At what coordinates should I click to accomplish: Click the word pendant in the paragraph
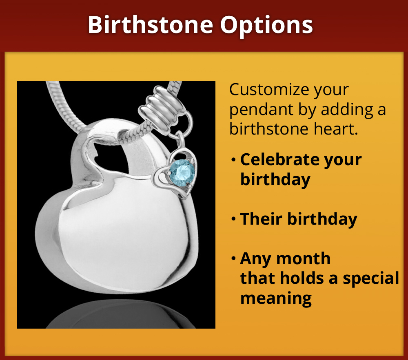tap(258, 110)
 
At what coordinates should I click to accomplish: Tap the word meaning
tap(276, 298)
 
